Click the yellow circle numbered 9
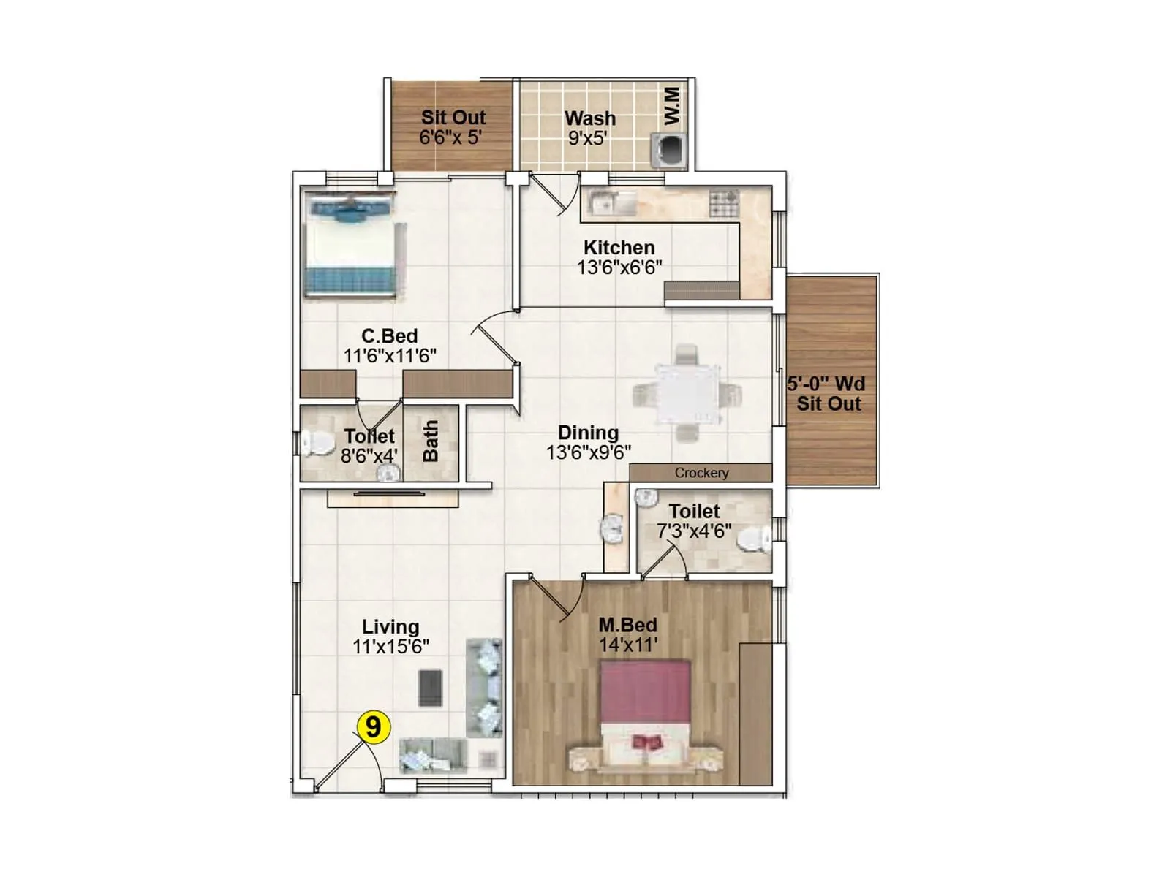(x=373, y=728)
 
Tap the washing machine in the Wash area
(x=668, y=148)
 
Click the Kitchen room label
(x=619, y=248)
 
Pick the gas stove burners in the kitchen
(x=724, y=202)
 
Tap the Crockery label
(x=701, y=473)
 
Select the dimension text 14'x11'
(x=627, y=645)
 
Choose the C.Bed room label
(x=390, y=336)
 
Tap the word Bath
(x=431, y=441)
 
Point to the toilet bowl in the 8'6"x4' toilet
(x=315, y=443)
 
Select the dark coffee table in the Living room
(x=431, y=688)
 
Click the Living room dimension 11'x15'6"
(x=390, y=646)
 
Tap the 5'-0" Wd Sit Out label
(x=827, y=393)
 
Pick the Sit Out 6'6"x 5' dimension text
(x=450, y=137)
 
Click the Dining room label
(x=588, y=433)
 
